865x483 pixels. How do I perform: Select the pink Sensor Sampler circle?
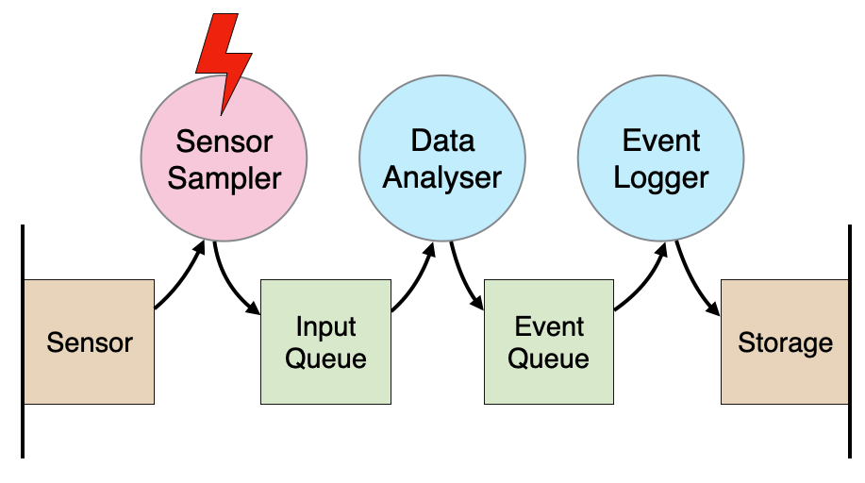pyautogui.click(x=224, y=158)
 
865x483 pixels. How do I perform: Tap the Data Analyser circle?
pyautogui.click(x=442, y=158)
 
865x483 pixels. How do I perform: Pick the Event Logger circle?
pyautogui.click(x=661, y=158)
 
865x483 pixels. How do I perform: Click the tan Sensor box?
pyautogui.click(x=90, y=341)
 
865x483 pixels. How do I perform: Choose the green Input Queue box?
pyautogui.click(x=325, y=341)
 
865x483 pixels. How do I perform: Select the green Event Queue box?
pyautogui.click(x=549, y=341)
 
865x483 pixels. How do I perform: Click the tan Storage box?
pyautogui.click(x=785, y=341)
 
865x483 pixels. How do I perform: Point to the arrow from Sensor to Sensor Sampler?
pyautogui.click(x=183, y=279)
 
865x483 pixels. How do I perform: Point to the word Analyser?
pyautogui.click(x=441, y=177)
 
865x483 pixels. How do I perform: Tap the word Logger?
pyautogui.click(x=661, y=177)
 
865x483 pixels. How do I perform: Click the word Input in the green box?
pyautogui.click(x=325, y=326)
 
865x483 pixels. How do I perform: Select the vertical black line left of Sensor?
pyautogui.click(x=23, y=341)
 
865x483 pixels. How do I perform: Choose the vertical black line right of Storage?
pyautogui.click(x=850, y=341)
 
